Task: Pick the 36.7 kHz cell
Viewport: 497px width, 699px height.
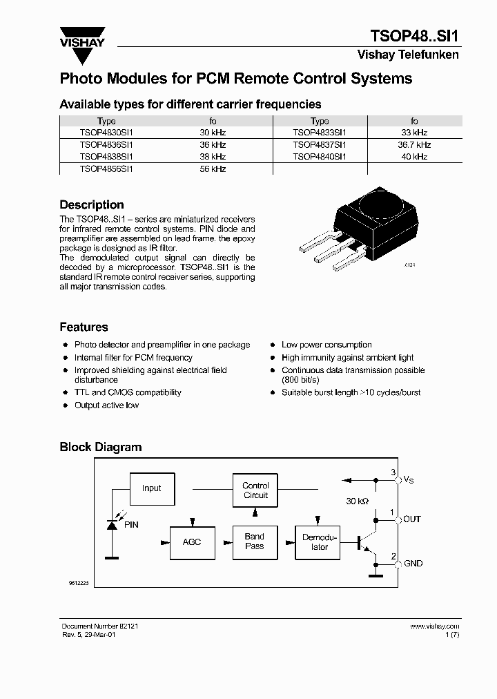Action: point(413,145)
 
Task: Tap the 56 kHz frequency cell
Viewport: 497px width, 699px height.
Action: point(213,169)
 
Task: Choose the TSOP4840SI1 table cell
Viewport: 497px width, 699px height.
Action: point(320,157)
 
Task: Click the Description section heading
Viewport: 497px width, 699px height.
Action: point(92,205)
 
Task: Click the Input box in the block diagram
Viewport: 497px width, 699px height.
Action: point(152,488)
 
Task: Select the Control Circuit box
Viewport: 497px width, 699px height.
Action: point(255,490)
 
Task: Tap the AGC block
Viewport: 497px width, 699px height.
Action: point(192,542)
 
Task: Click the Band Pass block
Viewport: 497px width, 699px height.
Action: point(255,542)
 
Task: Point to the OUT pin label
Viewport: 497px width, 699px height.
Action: point(412,519)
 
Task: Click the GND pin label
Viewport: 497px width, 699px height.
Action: point(413,564)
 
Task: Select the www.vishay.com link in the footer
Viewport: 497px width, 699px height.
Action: point(434,626)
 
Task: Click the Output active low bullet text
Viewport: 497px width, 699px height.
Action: point(106,405)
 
